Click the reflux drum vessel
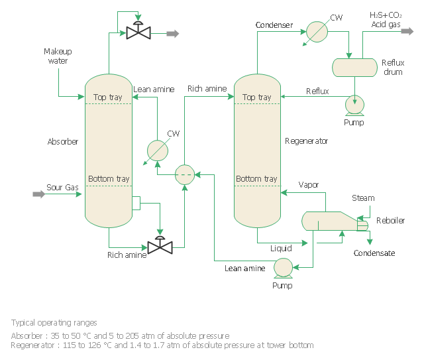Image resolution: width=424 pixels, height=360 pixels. tap(354, 67)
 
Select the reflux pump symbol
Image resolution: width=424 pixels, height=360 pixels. tap(355, 103)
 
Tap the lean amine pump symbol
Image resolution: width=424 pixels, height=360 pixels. tap(283, 267)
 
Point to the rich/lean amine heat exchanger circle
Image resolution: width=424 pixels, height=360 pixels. tap(185, 174)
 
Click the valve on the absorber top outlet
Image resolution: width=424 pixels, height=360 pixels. tap(138, 31)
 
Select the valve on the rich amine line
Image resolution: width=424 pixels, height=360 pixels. tap(160, 247)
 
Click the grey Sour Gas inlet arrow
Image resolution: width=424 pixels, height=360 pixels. tap(38, 194)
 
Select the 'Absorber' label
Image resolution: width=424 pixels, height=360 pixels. tap(63, 142)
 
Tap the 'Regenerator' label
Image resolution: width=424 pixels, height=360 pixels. tap(306, 141)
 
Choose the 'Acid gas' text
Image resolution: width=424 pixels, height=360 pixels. tap(385, 25)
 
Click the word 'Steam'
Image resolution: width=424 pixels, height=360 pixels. tap(363, 198)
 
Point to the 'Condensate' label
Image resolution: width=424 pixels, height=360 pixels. tap(374, 253)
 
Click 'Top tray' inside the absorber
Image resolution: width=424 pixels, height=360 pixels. tap(108, 97)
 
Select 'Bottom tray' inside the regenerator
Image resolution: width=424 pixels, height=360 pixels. tap(256, 179)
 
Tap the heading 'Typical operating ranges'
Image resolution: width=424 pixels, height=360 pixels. tap(54, 322)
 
